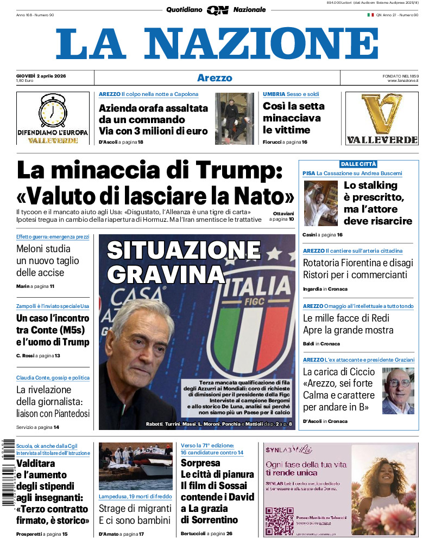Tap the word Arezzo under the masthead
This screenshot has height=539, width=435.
(x=215, y=78)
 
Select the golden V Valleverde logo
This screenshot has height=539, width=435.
(x=382, y=113)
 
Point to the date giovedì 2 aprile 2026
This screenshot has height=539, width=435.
(x=41, y=75)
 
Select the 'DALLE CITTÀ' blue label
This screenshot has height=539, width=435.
(x=358, y=164)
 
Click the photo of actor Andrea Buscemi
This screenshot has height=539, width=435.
(x=320, y=203)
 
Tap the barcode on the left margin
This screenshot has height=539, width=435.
(x=8, y=471)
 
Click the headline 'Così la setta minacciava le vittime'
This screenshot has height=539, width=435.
(x=293, y=118)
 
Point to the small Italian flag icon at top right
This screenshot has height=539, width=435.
(x=370, y=15)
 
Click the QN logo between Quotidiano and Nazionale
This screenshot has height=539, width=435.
(x=217, y=10)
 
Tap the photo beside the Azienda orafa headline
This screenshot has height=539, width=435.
(x=235, y=119)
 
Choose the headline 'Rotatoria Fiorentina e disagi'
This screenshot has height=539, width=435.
(x=357, y=263)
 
